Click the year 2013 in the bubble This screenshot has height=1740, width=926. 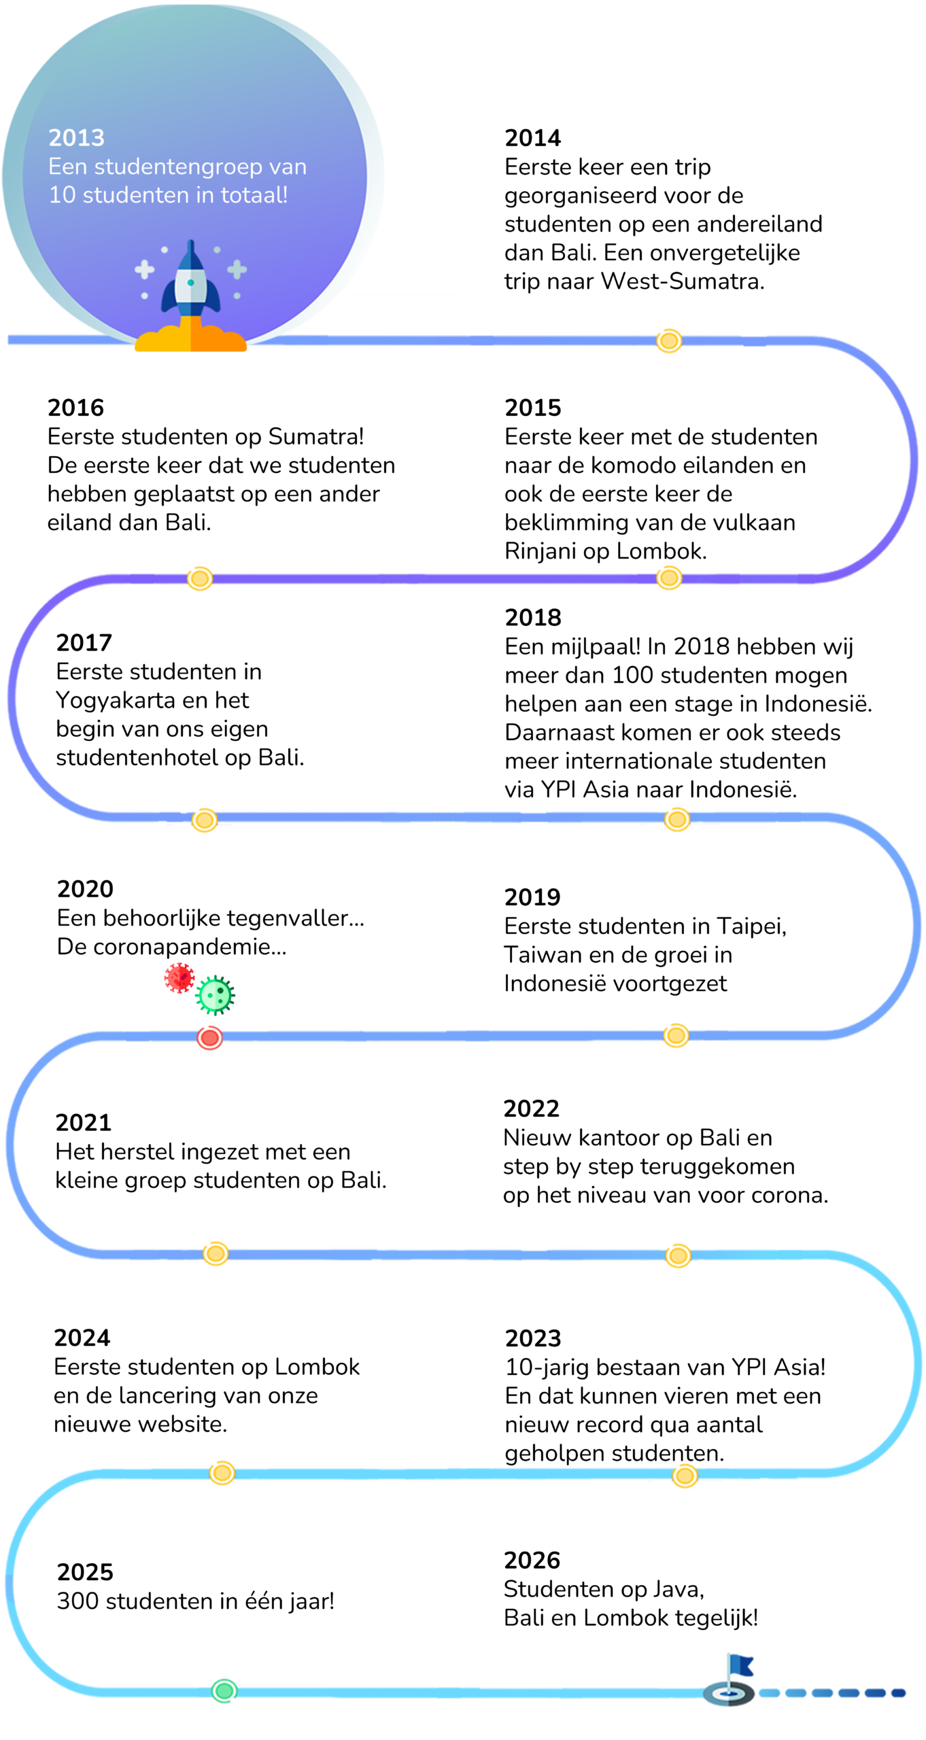(76, 138)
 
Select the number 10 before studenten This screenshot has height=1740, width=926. (62, 195)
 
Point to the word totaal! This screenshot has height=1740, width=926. (254, 195)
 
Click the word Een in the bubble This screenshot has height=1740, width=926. (67, 167)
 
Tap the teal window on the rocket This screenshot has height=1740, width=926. (191, 283)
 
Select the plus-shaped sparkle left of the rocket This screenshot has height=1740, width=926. (144, 270)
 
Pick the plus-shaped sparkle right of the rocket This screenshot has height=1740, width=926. (237, 270)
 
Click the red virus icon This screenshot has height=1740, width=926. (179, 978)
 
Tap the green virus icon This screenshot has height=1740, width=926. (216, 995)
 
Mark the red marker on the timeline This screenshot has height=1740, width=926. (209, 1038)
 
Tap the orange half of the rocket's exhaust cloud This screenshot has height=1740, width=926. (218, 339)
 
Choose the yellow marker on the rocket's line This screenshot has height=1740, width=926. (668, 341)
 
